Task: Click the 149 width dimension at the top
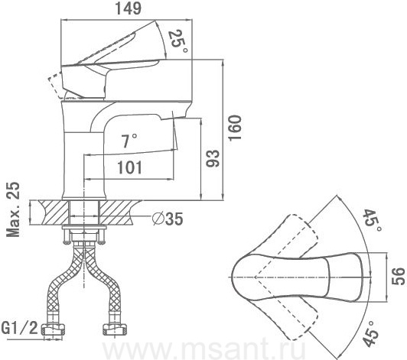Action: (x=129, y=8)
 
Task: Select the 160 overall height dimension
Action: (x=235, y=128)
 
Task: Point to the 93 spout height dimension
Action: (x=213, y=158)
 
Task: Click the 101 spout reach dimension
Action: (x=130, y=167)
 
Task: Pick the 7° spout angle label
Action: (x=129, y=141)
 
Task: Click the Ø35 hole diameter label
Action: (x=168, y=219)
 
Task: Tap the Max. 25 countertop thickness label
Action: (x=13, y=209)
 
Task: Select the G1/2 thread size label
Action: (x=20, y=328)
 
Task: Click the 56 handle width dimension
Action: (x=398, y=277)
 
